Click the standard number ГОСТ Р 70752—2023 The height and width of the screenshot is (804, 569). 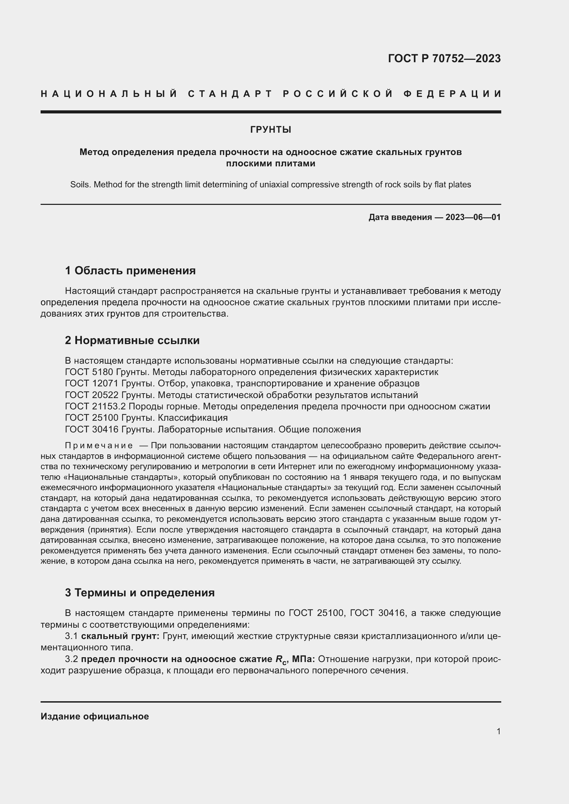pos(444,58)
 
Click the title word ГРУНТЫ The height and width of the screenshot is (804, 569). pos(270,130)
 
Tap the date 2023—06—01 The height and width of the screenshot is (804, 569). pos(473,217)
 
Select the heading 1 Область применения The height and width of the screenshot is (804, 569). pos(130,271)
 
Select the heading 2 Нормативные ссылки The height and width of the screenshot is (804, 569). pos(132,340)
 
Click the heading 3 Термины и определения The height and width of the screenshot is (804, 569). pos(140,593)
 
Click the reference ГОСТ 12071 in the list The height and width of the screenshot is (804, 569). pos(92,384)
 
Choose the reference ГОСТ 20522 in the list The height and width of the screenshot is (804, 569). pos(92,395)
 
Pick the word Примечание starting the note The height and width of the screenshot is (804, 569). pos(99,446)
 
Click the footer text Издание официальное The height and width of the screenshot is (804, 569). pos(95,716)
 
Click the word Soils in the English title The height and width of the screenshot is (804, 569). pos(80,185)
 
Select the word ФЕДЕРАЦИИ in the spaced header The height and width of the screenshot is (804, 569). pos(452,94)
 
